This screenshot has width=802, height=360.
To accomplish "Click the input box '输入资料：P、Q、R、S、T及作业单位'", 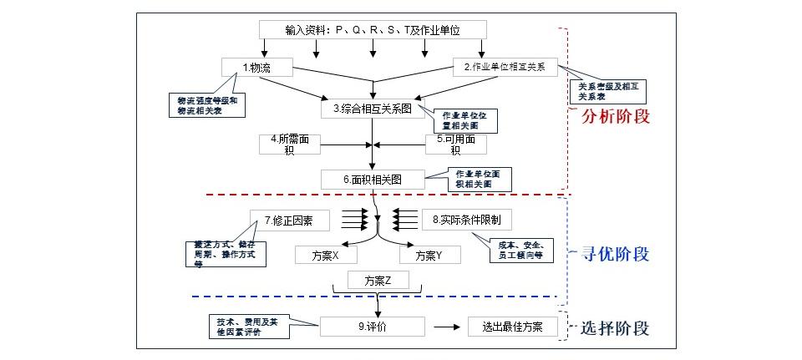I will point(372,30).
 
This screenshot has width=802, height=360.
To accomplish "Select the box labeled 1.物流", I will point(256,67).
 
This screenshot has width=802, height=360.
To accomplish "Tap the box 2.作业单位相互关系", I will point(504,67).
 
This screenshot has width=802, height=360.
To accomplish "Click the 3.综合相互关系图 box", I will point(372,108).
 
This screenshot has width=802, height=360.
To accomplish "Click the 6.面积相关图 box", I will point(372,179).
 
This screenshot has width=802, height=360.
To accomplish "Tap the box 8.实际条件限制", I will point(466,220).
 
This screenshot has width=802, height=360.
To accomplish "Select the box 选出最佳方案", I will point(512,327).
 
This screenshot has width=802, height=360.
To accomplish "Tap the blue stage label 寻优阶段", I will point(614,254).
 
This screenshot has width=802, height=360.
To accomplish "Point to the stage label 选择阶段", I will point(614,327).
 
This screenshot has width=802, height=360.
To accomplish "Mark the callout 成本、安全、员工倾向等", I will point(520,251).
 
